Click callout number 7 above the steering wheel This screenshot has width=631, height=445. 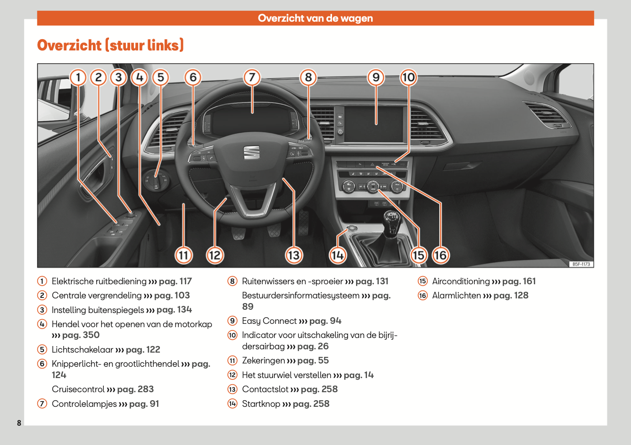point(252,77)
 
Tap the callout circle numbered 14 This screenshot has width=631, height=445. point(337,255)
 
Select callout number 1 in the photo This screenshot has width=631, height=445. point(78,77)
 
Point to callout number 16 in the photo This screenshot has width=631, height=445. point(440,255)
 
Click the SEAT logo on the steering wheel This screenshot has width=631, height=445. point(251,152)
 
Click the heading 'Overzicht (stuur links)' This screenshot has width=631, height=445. point(110,45)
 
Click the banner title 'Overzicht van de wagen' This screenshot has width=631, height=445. point(315,18)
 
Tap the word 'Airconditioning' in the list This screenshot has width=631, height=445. point(461,281)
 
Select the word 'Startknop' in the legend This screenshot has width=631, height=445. point(261,404)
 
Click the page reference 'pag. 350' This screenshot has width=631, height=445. point(81,335)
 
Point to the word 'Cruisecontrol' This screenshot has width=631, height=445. point(78,389)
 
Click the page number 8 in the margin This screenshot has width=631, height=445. point(19,423)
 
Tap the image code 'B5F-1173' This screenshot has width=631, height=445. point(581,264)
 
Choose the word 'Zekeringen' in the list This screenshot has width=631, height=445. point(263,361)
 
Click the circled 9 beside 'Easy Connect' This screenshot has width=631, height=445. point(232,321)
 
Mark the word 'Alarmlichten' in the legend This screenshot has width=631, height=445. point(457,296)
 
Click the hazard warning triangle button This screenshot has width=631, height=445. point(372,165)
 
